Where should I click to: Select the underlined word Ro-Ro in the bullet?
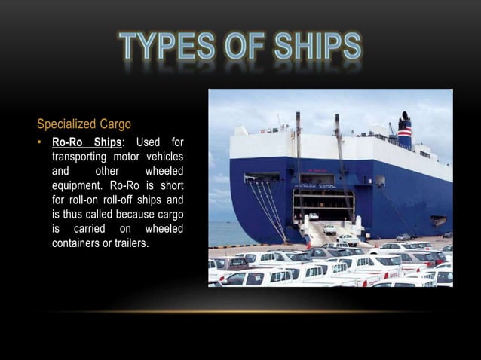click(x=66, y=142)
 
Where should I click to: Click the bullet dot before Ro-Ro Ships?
click(x=41, y=142)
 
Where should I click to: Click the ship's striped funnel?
click(x=406, y=133)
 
